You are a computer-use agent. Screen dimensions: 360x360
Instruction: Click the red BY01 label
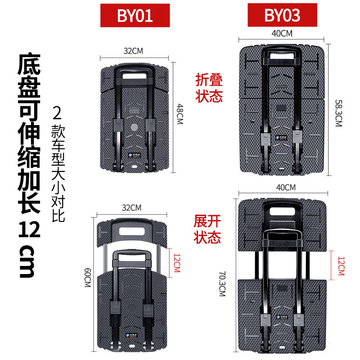click(135, 15)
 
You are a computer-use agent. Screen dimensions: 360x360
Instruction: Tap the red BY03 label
click(282, 15)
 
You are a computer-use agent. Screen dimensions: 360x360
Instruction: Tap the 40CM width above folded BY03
click(282, 33)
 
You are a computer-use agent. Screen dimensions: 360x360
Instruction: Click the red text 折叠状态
click(209, 88)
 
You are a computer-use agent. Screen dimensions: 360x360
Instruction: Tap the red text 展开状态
click(208, 229)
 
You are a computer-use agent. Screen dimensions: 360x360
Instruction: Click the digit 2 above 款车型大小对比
click(57, 112)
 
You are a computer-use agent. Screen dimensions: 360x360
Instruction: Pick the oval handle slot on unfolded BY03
click(283, 211)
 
